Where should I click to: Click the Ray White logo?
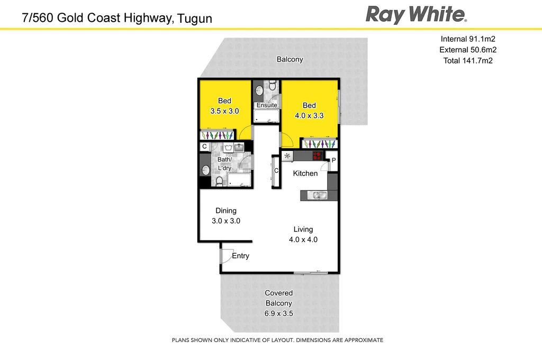tap(416, 14)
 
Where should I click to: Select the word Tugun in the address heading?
tap(194, 19)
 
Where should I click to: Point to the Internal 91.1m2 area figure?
tap(467, 39)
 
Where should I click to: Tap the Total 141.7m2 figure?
tap(467, 61)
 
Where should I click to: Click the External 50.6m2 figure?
tap(467, 50)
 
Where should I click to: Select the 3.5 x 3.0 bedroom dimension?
tap(225, 111)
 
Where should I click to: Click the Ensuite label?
tap(266, 105)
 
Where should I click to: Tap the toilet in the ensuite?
tap(272, 85)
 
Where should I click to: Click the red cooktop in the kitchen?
tap(318, 156)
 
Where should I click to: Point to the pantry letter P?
tap(333, 159)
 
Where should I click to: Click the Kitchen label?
tap(305, 173)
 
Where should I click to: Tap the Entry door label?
tap(240, 256)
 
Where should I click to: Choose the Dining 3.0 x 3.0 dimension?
tap(226, 221)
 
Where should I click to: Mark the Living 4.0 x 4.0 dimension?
tap(303, 239)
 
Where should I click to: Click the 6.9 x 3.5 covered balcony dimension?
tap(278, 313)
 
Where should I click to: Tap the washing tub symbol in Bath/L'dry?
tap(229, 148)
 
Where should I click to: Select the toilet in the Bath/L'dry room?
tap(220, 181)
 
